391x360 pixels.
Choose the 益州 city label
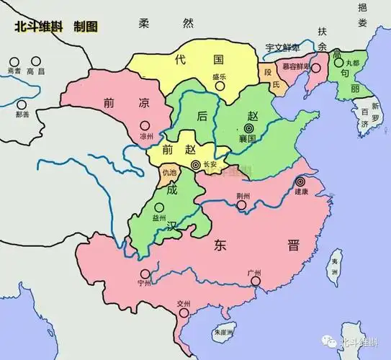pos(158,217)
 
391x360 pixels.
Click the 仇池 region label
pos(169,173)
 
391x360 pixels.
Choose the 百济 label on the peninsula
pos(368,117)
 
